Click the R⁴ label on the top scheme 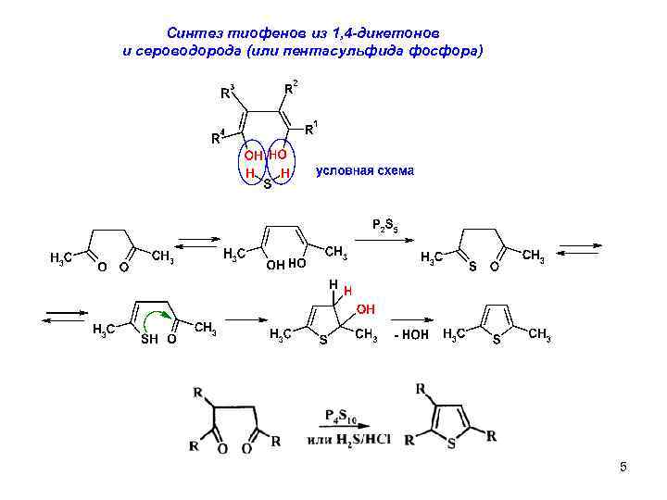tap(218, 139)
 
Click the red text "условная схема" tap(365, 171)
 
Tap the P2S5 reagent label tap(384, 225)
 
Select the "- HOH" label tap(411, 334)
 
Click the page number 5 tap(623, 468)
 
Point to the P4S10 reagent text tap(344, 414)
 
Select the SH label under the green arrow tap(148, 340)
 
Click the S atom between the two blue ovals tap(268, 185)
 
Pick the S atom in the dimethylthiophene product tap(497, 340)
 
